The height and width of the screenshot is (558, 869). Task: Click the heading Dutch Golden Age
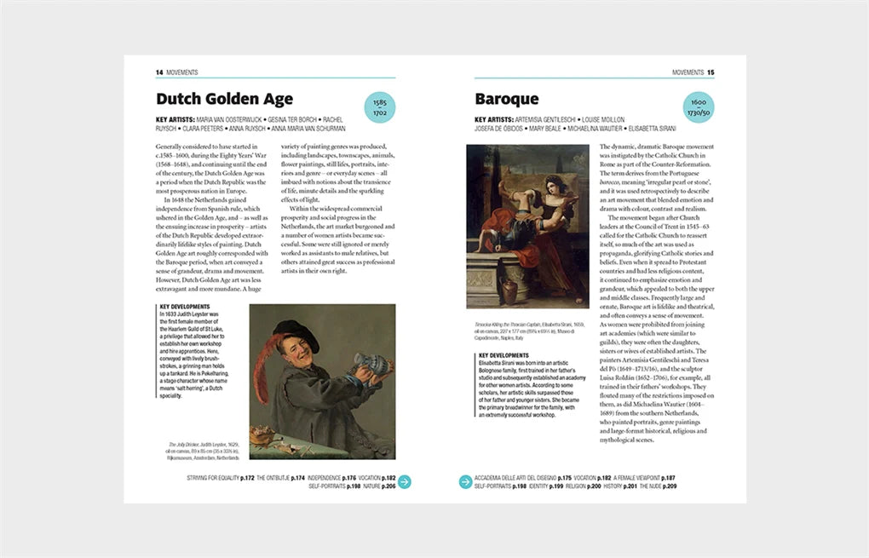pyautogui.click(x=224, y=99)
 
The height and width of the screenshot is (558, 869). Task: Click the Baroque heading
pyautogui.click(x=507, y=99)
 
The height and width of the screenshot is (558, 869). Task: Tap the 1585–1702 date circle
pyautogui.click(x=379, y=107)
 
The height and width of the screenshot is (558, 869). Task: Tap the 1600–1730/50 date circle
pyautogui.click(x=699, y=107)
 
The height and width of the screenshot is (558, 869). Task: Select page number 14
pyautogui.click(x=159, y=72)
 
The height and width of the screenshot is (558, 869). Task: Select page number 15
pyautogui.click(x=711, y=72)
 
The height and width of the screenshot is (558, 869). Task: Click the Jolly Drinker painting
pyautogui.click(x=322, y=382)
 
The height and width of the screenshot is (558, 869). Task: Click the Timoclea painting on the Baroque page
pyautogui.click(x=527, y=226)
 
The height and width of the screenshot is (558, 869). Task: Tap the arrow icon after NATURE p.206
pyautogui.click(x=406, y=482)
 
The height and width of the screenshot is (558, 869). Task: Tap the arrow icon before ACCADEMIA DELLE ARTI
pyautogui.click(x=466, y=482)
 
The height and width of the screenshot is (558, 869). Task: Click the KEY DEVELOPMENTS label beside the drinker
pyautogui.click(x=185, y=307)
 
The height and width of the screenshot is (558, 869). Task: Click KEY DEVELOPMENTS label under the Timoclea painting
pyautogui.click(x=504, y=355)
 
